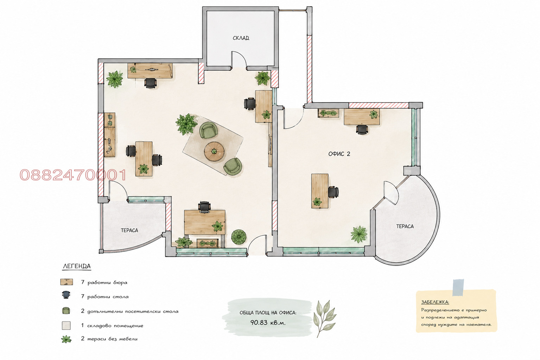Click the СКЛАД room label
tap(241, 38)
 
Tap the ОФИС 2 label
tap(339, 154)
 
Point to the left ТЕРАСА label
tap(129, 230)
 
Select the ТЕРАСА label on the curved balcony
tap(405, 226)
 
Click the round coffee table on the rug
tap(214, 151)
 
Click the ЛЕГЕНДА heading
tap(77, 266)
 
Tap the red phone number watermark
tap(73, 175)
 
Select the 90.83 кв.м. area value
tap(268, 322)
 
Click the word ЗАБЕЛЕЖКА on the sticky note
tap(435, 302)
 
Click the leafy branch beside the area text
tap(324, 318)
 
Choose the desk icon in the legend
tap(66, 282)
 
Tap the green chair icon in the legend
tap(66, 311)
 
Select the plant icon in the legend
tap(66, 339)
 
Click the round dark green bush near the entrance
tap(239, 237)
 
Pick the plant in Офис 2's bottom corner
tap(359, 234)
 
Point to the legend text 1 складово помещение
tap(112, 326)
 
